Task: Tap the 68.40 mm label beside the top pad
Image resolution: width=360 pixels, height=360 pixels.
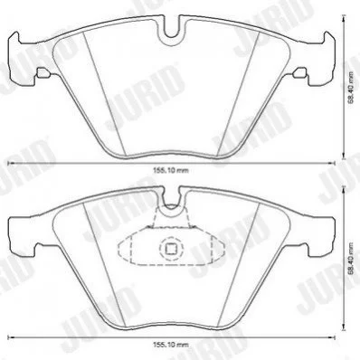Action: point(351,88)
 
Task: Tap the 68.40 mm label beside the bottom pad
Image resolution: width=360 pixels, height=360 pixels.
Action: point(351,258)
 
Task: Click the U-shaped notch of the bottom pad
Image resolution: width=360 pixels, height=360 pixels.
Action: point(172,205)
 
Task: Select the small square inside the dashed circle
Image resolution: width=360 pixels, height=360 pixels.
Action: point(171,249)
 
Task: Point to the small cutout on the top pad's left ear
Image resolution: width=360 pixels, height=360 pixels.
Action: point(43,72)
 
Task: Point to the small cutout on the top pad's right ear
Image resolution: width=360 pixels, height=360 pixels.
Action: point(300,72)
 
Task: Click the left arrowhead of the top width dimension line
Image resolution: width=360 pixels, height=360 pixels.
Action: point(10,163)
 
